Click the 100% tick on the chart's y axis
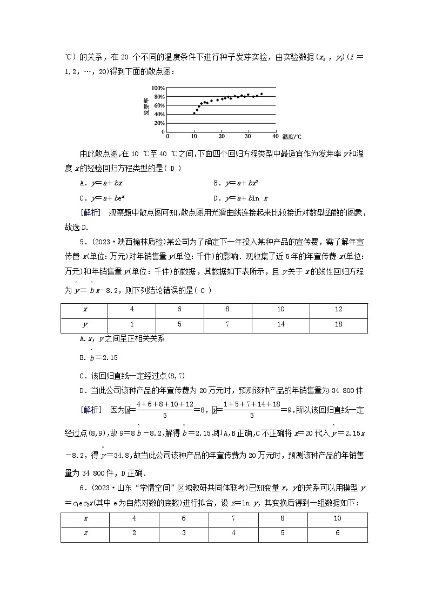tap(158, 88)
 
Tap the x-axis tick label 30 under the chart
tap(248, 136)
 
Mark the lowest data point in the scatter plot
tap(194, 113)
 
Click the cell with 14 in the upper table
tap(280, 325)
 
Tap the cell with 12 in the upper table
tap(338, 310)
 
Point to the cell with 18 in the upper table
tap(338, 325)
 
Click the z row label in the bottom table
tap(85, 534)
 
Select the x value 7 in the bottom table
tap(233, 519)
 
